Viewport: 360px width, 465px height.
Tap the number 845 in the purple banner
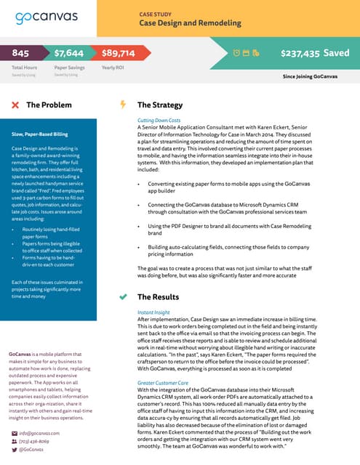tap(20, 53)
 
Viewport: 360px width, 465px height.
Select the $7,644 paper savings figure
tap(69, 53)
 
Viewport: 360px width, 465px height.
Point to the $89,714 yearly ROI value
tap(118, 53)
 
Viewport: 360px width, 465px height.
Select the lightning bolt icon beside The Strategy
tap(123, 105)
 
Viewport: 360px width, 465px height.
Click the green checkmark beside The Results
tap(123, 297)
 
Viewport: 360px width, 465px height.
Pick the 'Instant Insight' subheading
tap(153, 312)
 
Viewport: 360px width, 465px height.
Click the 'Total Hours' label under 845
tap(25, 68)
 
